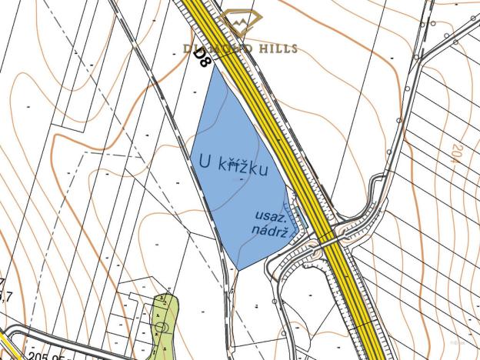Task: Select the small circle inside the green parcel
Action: (x=161, y=328)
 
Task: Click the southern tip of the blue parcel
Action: (x=238, y=268)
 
